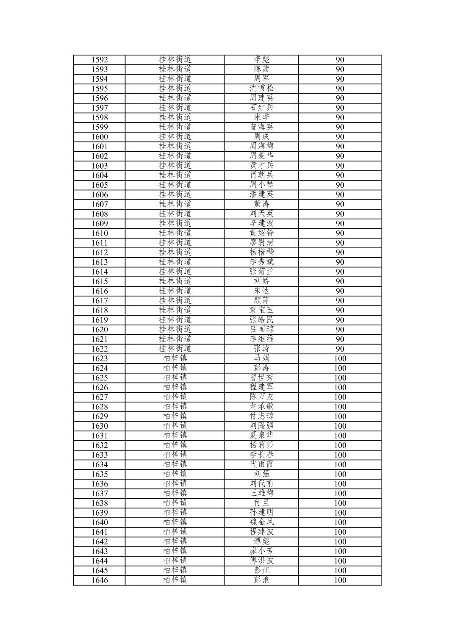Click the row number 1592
click(x=100, y=60)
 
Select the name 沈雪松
click(x=261, y=89)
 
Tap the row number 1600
click(x=100, y=137)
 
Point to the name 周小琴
click(x=261, y=185)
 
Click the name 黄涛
click(x=261, y=204)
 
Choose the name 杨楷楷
click(x=261, y=253)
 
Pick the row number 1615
click(x=100, y=281)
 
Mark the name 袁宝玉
click(x=261, y=310)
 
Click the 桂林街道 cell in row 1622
click(x=175, y=349)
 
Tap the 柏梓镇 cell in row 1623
click(x=175, y=358)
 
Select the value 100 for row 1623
click(x=340, y=358)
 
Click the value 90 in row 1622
click(x=340, y=349)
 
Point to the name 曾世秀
click(x=261, y=378)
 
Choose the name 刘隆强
click(x=261, y=426)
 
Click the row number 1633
click(x=100, y=455)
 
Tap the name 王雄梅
click(x=261, y=493)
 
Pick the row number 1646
click(x=100, y=580)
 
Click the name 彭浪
click(x=261, y=580)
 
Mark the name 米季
click(x=261, y=117)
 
